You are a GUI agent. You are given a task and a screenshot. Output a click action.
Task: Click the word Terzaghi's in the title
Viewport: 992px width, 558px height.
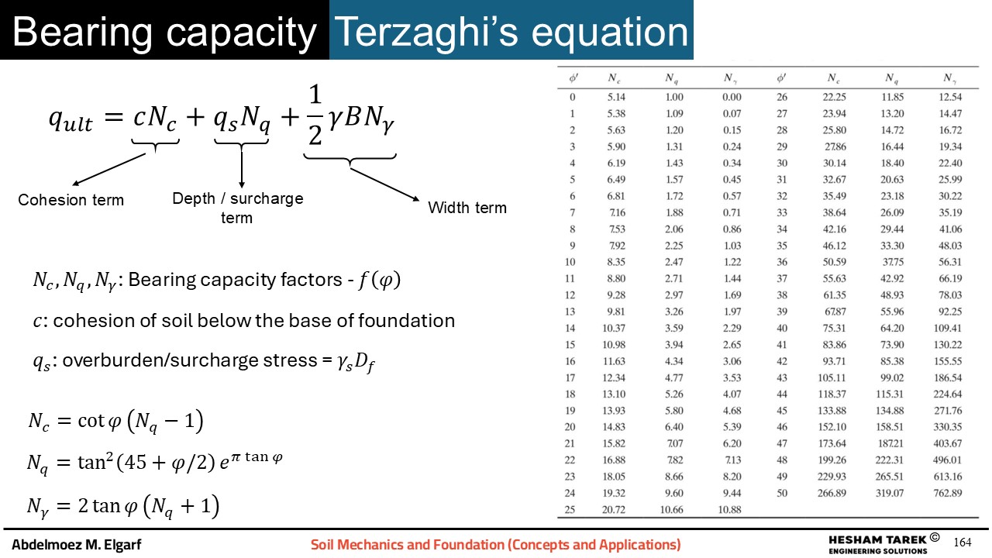[x=426, y=32]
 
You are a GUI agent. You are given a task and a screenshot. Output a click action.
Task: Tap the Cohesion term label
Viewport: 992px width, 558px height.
[x=71, y=200]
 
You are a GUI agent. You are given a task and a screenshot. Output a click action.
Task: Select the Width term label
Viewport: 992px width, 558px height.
[x=467, y=208]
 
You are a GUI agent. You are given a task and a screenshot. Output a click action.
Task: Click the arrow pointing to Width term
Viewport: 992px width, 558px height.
[x=384, y=184]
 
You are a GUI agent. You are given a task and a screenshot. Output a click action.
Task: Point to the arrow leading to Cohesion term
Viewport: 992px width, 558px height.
[x=109, y=169]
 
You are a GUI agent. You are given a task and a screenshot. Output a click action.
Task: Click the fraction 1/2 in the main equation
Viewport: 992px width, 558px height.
[x=315, y=115]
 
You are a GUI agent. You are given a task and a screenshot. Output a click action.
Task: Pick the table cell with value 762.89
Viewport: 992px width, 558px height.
[x=948, y=493]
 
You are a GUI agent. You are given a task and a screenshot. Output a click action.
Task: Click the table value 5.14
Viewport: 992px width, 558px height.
[x=616, y=97]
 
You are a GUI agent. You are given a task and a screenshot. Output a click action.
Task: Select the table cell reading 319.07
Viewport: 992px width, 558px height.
[x=889, y=493]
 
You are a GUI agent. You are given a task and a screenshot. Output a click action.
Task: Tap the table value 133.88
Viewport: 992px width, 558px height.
[x=832, y=411]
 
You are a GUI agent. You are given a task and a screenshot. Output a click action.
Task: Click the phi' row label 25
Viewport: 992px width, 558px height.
[x=570, y=510]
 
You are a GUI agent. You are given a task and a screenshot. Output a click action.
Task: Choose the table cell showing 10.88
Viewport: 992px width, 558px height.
[x=729, y=510]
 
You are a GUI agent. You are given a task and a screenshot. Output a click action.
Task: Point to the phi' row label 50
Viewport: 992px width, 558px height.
[x=782, y=493]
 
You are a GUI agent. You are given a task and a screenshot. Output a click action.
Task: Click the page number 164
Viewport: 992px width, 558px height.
[x=963, y=542]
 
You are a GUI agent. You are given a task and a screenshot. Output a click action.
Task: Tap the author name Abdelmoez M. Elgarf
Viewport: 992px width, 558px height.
[x=77, y=544]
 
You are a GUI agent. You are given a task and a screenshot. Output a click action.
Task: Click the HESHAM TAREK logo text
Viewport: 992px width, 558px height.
[x=877, y=540]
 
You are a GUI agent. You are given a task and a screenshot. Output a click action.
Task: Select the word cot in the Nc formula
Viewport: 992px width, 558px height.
[x=91, y=420]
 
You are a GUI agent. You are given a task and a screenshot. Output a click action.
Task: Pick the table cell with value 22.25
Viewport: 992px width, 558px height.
[x=835, y=97]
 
